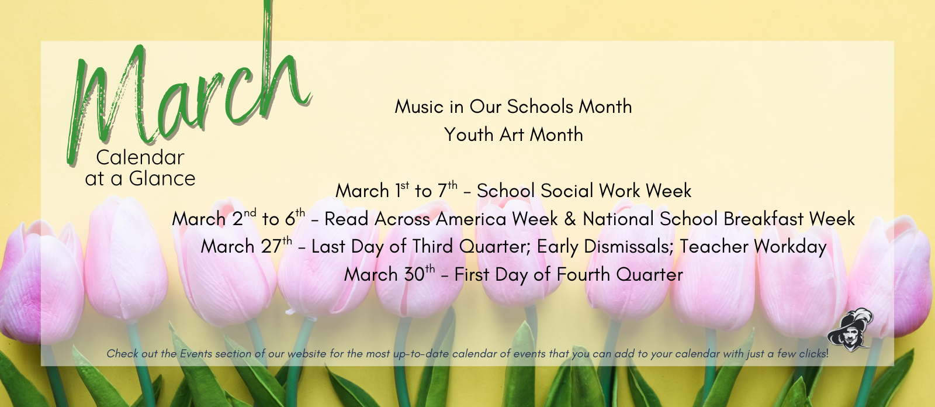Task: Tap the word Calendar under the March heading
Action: (140, 157)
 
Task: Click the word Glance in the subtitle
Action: (162, 178)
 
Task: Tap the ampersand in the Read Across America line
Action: (570, 219)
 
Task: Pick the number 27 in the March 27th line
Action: (271, 247)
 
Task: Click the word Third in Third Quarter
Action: (433, 247)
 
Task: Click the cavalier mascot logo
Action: (850, 331)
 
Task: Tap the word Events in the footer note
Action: (196, 354)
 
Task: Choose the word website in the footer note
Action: (307, 354)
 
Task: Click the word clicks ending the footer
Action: (811, 354)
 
